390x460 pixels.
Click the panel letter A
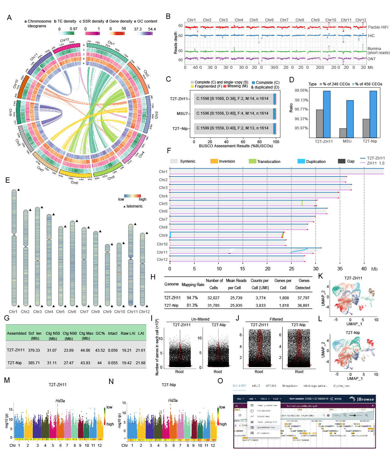[9, 18]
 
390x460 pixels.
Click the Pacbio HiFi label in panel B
[378, 27]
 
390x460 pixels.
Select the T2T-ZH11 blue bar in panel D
[327, 114]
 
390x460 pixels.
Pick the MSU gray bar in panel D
[343, 133]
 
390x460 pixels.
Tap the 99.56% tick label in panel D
[301, 90]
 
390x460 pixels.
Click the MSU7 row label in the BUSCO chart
[182, 113]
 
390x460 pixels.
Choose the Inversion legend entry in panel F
[227, 161]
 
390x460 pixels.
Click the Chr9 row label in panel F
[163, 235]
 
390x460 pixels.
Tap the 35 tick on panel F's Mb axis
[340, 269]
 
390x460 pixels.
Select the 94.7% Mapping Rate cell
[192, 298]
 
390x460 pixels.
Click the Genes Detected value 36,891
[303, 305]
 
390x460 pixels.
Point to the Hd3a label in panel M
[60, 401]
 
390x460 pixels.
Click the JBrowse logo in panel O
[362, 399]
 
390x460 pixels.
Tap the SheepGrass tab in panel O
[290, 386]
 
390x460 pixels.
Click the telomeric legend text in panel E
[134, 206]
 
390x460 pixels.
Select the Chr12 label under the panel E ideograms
[144, 312]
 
